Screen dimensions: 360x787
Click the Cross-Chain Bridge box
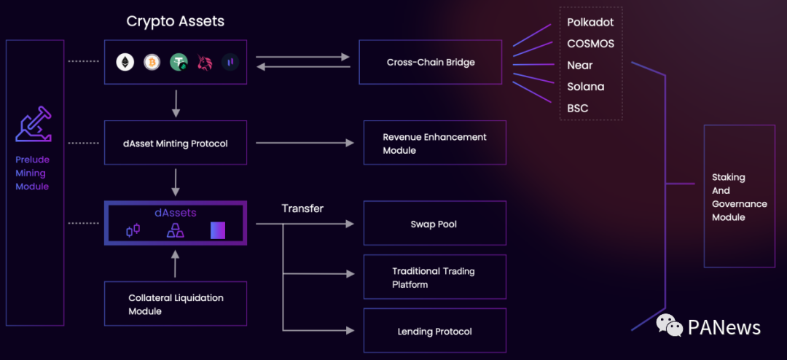[x=431, y=63]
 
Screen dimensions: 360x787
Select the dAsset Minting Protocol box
[x=176, y=144]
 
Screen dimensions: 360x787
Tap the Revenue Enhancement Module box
[x=435, y=144]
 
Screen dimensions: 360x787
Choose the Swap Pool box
[x=434, y=224]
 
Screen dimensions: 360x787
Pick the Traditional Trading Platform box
[x=434, y=277]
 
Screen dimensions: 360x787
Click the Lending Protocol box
[x=434, y=332]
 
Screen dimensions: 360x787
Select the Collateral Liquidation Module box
[x=176, y=305]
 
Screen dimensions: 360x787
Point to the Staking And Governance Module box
[x=739, y=197]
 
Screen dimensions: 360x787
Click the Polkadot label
[x=590, y=23]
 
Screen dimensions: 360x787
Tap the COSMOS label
[x=590, y=44]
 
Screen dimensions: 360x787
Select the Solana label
[x=586, y=87]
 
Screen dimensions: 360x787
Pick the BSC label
[x=578, y=109]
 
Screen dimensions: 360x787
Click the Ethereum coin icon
[x=125, y=63]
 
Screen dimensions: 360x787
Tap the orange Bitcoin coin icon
[x=152, y=63]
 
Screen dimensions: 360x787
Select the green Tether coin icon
[x=179, y=63]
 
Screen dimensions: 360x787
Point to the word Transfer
[x=302, y=208]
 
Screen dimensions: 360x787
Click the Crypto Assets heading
[x=176, y=21]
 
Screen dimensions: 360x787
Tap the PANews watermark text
[x=724, y=328]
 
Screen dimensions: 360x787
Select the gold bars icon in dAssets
[x=176, y=231]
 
